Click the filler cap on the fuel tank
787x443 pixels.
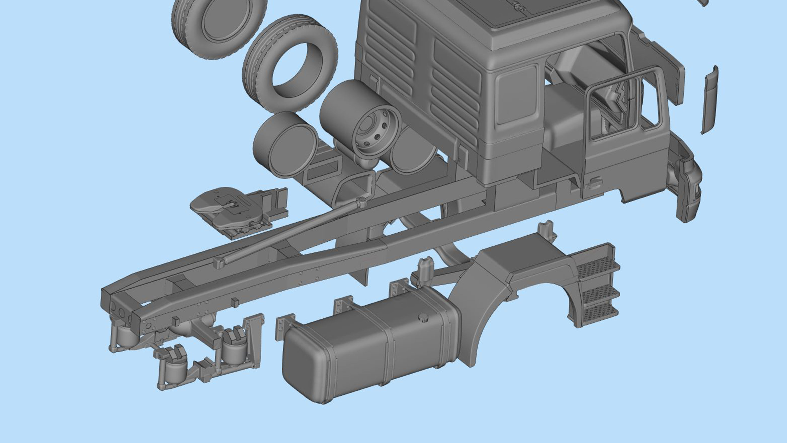423,318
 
